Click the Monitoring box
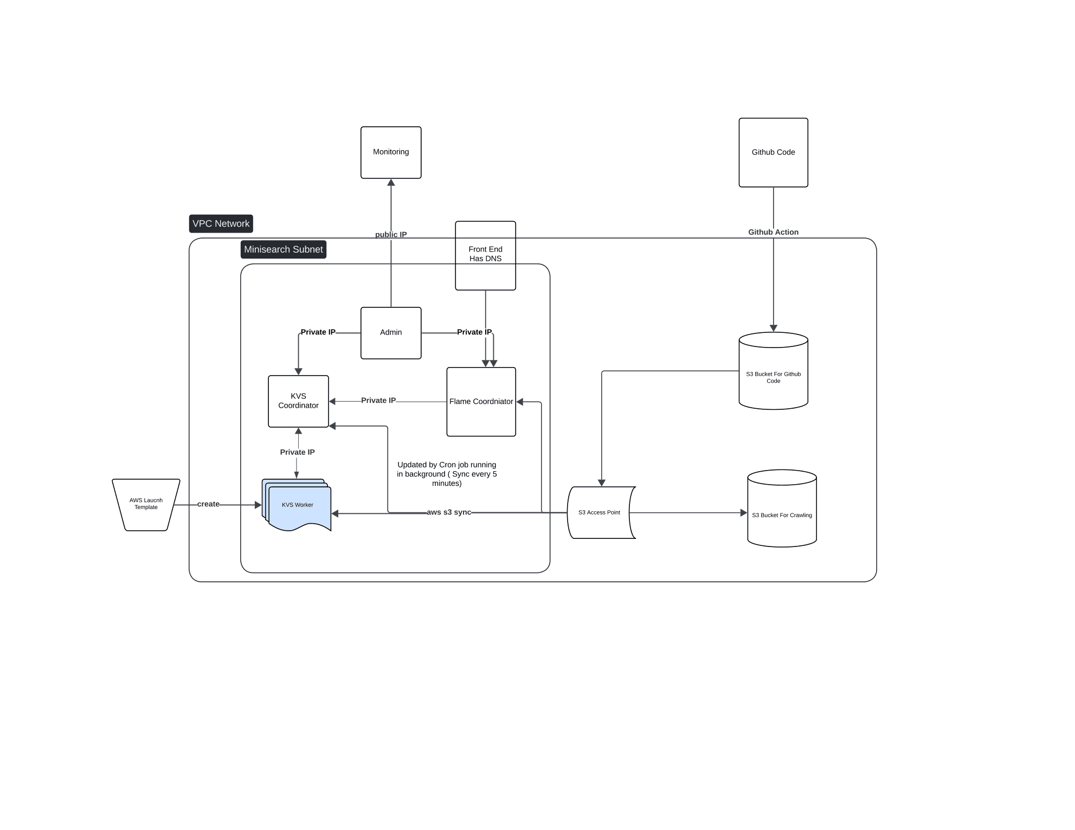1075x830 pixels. [391, 152]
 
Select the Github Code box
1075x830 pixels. [773, 152]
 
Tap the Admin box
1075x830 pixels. [391, 332]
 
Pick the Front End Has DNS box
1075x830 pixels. [485, 255]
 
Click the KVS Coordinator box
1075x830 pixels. [298, 401]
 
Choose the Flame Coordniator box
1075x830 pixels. [481, 402]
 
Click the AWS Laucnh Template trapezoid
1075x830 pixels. [146, 504]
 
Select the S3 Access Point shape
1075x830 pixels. [600, 512]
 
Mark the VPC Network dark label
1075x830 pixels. [221, 223]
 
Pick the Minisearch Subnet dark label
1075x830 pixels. [283, 249]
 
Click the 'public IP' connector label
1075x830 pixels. [391, 235]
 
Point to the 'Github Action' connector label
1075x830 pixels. [773, 232]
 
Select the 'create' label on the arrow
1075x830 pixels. [208, 504]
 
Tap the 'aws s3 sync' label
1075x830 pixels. [449, 512]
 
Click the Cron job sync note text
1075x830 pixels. [447, 474]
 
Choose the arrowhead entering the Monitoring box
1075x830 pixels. [391, 183]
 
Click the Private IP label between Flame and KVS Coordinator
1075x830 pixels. [378, 401]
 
